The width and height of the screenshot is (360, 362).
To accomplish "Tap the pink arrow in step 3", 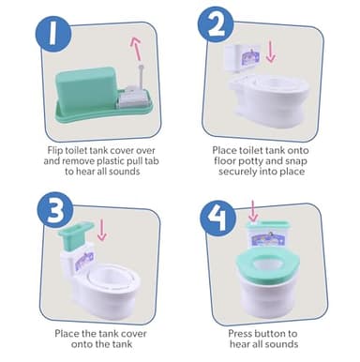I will tap(102, 228).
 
